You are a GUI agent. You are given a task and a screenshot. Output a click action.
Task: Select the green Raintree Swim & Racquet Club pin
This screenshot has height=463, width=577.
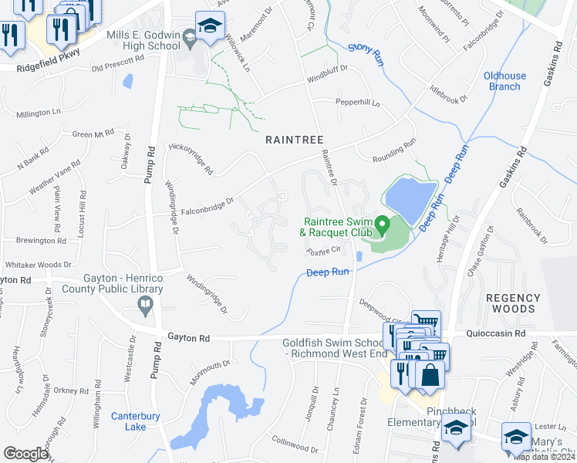click(x=381, y=225)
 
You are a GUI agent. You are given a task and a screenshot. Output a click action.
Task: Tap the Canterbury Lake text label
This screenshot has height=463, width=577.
click(x=128, y=421)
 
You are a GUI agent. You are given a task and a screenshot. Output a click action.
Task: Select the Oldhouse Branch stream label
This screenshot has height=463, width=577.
click(x=504, y=81)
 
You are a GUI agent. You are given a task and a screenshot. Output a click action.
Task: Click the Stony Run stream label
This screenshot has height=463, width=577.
click(x=365, y=52)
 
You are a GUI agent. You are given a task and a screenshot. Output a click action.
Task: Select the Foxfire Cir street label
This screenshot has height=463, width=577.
click(x=323, y=250)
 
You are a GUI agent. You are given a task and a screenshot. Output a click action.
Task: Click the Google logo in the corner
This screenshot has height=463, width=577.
click(x=25, y=454)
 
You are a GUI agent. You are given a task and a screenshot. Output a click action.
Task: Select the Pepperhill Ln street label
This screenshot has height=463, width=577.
click(x=357, y=102)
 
